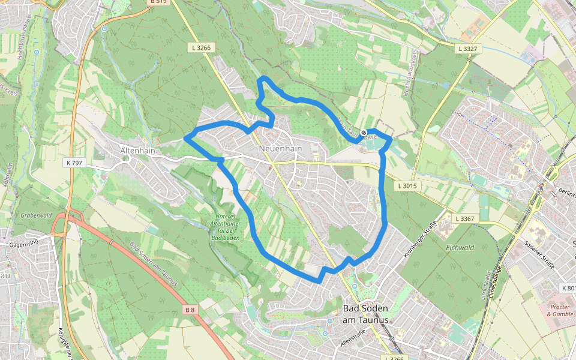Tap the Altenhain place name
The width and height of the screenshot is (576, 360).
click(x=137, y=151)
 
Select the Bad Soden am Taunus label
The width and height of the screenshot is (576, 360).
click(x=365, y=314)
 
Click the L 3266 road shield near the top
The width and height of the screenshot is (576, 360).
click(x=201, y=47)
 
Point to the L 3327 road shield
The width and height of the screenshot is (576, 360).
click(x=468, y=48)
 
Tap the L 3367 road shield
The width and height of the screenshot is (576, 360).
click(x=465, y=219)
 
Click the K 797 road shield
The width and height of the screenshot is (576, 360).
click(x=74, y=163)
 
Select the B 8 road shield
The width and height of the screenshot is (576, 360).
click(x=190, y=310)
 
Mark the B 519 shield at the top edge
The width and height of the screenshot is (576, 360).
click(x=158, y=2)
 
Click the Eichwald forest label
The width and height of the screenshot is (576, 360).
click(x=460, y=247)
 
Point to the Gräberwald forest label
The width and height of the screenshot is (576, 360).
click(x=36, y=215)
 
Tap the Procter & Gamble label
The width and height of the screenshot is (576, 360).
click(x=560, y=310)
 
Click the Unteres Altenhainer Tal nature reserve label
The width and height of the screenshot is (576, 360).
click(x=226, y=227)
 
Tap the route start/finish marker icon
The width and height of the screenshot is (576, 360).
click(x=364, y=133)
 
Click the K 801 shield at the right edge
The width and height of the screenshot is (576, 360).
click(x=568, y=288)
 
